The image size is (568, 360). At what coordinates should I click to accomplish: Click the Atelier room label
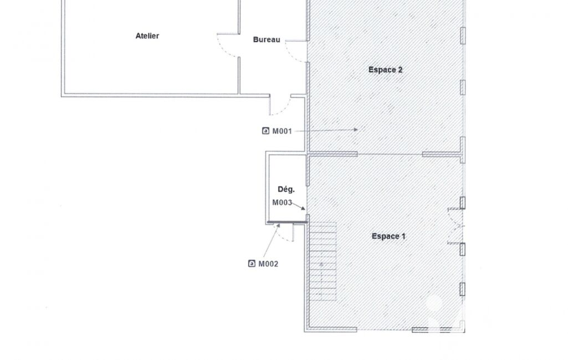pos(147,36)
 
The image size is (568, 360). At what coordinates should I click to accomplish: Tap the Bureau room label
pos(266,40)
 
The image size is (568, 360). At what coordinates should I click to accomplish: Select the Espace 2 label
pos(385,70)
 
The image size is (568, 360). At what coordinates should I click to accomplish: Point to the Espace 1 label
pos(388,236)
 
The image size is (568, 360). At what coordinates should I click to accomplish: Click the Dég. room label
pos(286,189)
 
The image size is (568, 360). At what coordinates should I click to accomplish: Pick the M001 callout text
pos(282,131)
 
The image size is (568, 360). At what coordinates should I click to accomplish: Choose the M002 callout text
pos(268,264)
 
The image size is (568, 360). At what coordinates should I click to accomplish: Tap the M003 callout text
pos(282,203)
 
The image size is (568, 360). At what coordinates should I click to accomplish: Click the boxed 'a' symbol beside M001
pos(265,131)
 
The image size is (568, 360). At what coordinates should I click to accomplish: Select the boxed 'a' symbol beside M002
pos(252,264)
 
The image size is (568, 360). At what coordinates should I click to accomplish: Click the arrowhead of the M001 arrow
pos(356,129)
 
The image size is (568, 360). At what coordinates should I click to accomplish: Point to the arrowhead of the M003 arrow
pos(303,208)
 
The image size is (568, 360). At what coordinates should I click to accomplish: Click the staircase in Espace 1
pos(323,261)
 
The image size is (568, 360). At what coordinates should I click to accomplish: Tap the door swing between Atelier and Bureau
pos(228,45)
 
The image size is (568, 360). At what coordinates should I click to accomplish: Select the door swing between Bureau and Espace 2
pos(295,52)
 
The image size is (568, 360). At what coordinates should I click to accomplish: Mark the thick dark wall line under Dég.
pos(287,222)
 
